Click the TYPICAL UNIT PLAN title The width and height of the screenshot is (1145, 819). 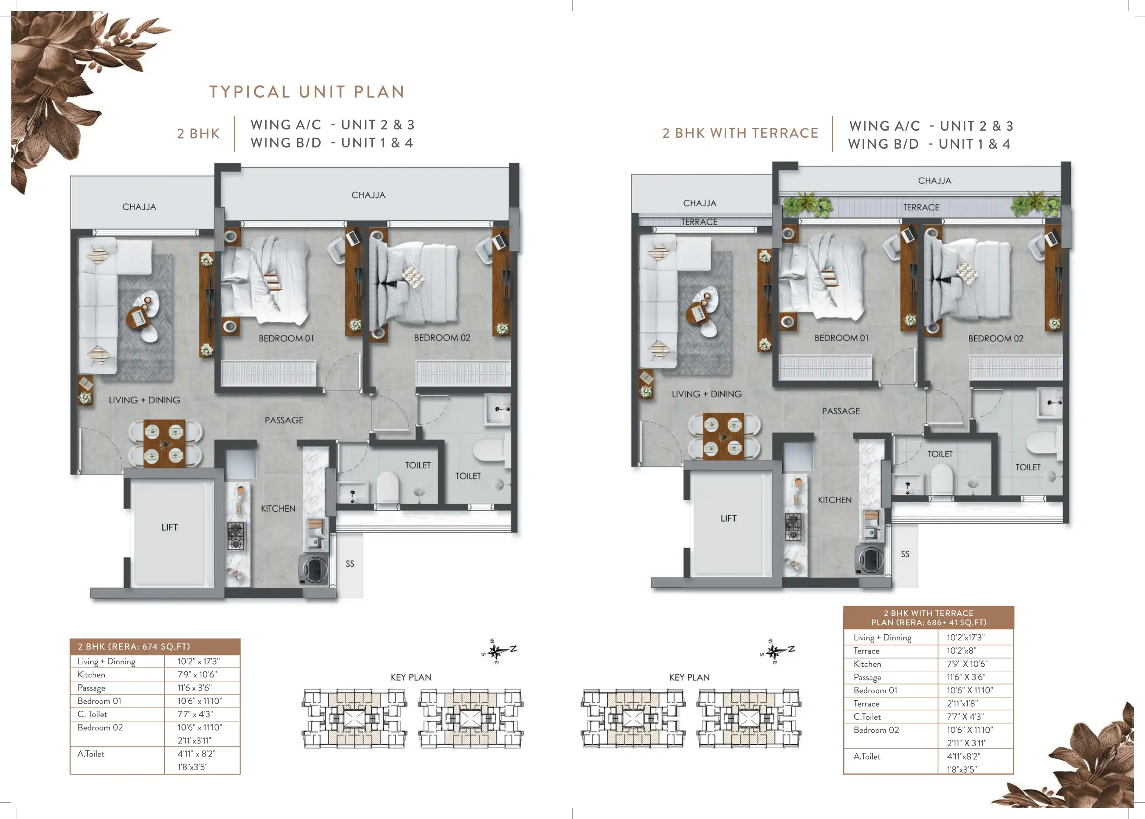307,92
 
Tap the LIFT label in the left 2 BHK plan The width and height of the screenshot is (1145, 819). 169,527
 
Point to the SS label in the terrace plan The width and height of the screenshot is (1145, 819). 906,554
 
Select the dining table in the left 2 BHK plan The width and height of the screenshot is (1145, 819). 165,443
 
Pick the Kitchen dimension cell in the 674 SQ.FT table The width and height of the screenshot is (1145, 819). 197,675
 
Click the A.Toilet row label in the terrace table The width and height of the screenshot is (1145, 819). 867,757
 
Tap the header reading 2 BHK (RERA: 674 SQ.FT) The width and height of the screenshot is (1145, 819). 134,647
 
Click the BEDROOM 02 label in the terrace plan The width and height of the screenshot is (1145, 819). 996,338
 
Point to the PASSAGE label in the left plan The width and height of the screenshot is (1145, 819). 284,420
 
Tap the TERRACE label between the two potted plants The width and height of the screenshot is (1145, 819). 921,207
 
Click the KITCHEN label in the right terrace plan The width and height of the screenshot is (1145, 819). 835,500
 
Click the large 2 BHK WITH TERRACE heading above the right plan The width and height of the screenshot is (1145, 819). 741,133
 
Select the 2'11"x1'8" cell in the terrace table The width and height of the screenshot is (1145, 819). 962,703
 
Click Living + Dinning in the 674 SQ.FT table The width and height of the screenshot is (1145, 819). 106,662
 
